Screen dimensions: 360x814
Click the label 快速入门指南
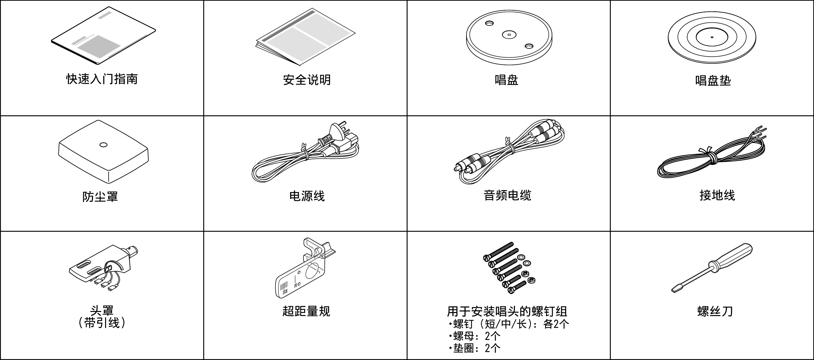tap(102, 79)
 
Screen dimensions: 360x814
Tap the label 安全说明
tap(307, 80)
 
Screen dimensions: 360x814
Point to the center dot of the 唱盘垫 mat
tap(712, 37)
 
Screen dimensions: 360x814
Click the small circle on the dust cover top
tap(103, 145)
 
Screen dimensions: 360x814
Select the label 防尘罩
tap(100, 197)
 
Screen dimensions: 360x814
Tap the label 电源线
tap(307, 196)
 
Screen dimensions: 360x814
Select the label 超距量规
tap(306, 311)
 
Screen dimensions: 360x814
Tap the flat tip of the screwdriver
tap(676, 289)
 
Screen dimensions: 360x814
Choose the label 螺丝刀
tap(715, 311)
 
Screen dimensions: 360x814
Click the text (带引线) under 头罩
tap(102, 323)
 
